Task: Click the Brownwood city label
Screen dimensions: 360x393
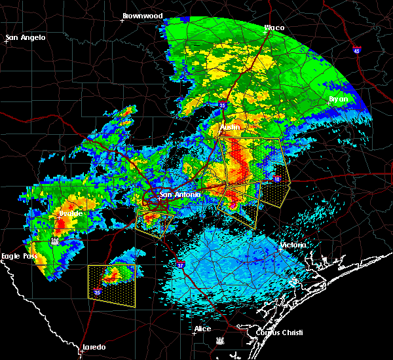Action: pyautogui.click(x=142, y=15)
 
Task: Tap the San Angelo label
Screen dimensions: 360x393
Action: pyautogui.click(x=26, y=37)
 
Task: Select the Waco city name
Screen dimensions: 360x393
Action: pyautogui.click(x=274, y=27)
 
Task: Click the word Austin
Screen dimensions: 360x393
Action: pyautogui.click(x=230, y=127)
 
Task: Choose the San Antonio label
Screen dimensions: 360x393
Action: pyautogui.click(x=176, y=194)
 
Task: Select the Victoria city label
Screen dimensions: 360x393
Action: pyautogui.click(x=291, y=245)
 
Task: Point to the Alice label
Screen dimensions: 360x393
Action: pyautogui.click(x=202, y=329)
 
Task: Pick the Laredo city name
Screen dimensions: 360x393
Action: pyautogui.click(x=94, y=346)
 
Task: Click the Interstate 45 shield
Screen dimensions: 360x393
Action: pyautogui.click(x=356, y=50)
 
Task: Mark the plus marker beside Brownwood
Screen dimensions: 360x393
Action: pyautogui.click(x=122, y=20)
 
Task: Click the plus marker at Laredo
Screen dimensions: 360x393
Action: pyautogui.click(x=80, y=351)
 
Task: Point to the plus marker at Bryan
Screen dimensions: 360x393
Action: pyautogui.click(x=328, y=103)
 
